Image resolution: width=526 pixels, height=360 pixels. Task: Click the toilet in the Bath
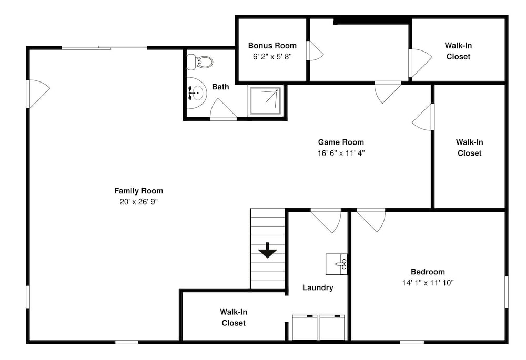[x=199, y=62]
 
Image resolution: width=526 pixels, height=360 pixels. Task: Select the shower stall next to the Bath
[x=265, y=100]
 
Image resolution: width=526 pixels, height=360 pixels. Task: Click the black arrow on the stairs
[x=267, y=250]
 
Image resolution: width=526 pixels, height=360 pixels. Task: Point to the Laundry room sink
[x=337, y=264]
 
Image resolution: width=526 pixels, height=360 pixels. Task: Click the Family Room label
[x=138, y=191]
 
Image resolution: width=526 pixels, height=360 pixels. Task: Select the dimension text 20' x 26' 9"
[x=138, y=202]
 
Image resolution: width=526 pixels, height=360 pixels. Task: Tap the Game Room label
[x=341, y=142]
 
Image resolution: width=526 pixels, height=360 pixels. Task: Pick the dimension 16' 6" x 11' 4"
[x=341, y=153]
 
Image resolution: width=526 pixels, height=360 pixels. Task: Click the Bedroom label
[x=428, y=272]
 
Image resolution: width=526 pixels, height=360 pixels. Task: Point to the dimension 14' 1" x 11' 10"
[x=428, y=283]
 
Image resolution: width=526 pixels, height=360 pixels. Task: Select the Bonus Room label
[x=272, y=46]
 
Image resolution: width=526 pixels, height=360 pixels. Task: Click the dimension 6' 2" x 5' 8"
[x=272, y=57]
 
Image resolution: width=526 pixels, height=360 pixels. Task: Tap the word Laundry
[x=318, y=287]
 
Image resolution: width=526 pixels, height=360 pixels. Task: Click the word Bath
[x=220, y=87]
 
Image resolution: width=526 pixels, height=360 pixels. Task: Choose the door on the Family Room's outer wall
[x=37, y=94]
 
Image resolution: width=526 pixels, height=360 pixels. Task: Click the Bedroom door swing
[x=371, y=220]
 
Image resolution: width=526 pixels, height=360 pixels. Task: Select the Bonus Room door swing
[x=315, y=51]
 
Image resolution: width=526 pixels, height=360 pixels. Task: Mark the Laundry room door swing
[x=326, y=221]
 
